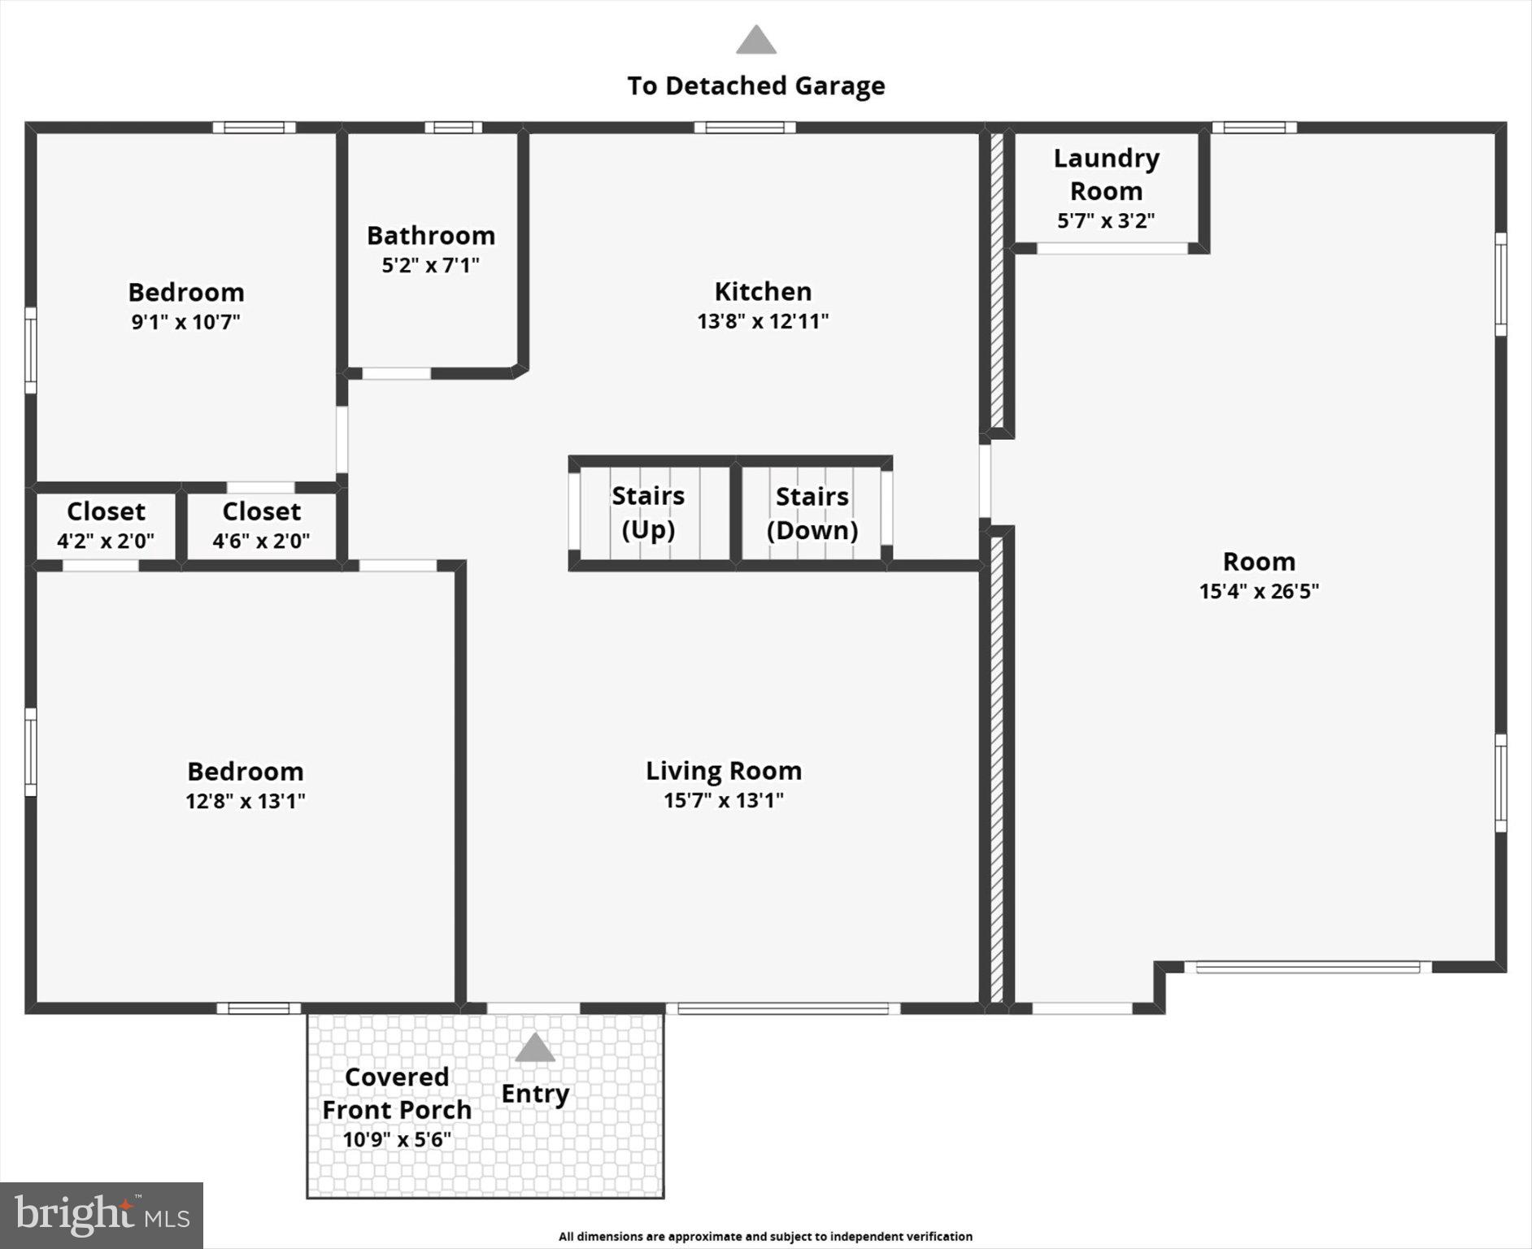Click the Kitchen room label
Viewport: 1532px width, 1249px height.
coord(763,291)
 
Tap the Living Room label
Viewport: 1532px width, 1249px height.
coord(723,770)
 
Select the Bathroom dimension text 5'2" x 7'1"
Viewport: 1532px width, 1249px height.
coord(431,265)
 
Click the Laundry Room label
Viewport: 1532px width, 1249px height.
coord(1106,174)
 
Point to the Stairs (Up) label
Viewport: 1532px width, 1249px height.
coord(648,512)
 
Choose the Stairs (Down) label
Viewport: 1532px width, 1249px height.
coord(812,513)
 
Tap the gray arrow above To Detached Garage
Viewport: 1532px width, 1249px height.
coord(756,40)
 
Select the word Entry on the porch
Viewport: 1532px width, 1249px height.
coord(535,1094)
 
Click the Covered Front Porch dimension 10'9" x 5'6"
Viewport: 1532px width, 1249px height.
coord(397,1139)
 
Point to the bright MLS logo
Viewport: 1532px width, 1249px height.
coord(102,1216)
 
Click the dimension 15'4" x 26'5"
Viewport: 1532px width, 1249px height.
coord(1259,591)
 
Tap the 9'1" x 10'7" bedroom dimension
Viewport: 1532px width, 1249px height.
coord(186,322)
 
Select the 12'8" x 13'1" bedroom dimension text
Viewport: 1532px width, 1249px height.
coord(246,801)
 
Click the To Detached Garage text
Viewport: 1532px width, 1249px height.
coord(756,85)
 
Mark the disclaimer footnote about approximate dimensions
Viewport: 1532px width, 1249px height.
coord(765,1236)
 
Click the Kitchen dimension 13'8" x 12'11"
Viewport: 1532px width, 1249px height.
coord(763,321)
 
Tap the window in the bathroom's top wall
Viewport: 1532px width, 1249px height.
coord(453,128)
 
